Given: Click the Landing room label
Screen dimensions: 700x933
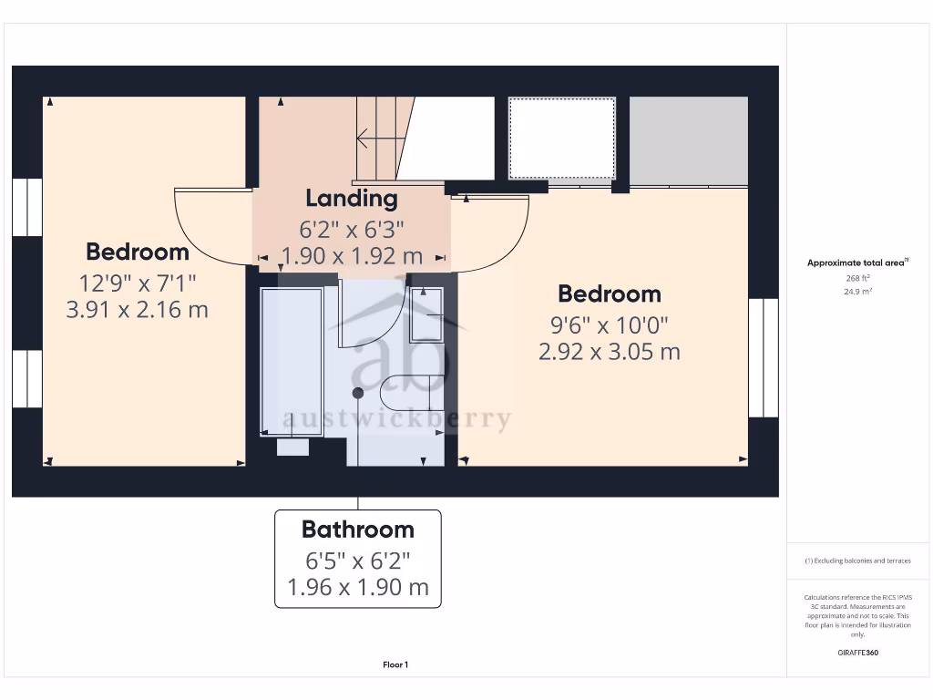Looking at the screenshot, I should (351, 198).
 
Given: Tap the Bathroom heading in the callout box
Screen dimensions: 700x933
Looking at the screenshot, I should (357, 530).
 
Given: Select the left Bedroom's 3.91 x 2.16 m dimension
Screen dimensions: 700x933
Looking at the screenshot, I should (137, 310).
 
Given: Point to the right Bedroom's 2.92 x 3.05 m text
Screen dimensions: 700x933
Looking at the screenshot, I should (609, 352).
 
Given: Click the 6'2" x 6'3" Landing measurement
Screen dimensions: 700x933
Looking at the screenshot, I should (351, 229).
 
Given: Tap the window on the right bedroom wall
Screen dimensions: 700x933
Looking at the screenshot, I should (763, 357).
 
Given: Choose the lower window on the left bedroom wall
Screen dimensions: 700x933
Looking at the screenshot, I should (27, 379).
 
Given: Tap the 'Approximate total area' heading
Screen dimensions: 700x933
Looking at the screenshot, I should (856, 263).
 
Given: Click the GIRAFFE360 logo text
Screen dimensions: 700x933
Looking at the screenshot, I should (857, 653).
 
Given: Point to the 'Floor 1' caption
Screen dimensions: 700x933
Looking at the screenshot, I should (395, 665).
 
